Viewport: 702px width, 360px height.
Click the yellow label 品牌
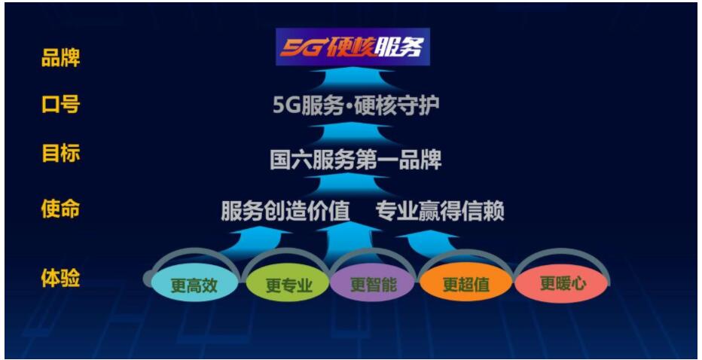point(60,58)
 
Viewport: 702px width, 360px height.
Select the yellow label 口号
point(60,105)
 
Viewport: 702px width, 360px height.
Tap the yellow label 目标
point(60,153)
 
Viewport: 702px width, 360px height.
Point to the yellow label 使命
point(60,209)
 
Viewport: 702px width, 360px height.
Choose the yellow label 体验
point(60,279)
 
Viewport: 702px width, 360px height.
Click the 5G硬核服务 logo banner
point(353,47)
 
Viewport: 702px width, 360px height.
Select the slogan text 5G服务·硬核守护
point(356,105)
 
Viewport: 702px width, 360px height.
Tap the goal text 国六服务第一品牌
point(356,160)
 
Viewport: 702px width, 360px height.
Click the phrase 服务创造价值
point(285,211)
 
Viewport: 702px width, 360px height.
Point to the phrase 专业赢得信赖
point(440,211)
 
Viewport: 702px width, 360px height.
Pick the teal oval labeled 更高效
point(194,285)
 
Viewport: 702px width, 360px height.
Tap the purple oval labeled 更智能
point(374,284)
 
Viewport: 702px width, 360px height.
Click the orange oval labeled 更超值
point(466,284)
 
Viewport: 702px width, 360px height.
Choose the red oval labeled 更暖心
point(561,283)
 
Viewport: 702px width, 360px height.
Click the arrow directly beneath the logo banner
point(353,80)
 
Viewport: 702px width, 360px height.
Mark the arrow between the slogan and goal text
point(353,133)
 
